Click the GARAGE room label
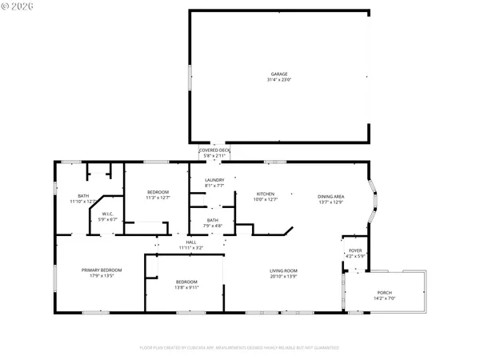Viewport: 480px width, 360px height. [278, 74]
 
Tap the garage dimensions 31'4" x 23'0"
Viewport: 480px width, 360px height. [278, 80]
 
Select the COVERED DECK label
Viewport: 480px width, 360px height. [214, 150]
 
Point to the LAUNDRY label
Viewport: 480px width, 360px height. [214, 180]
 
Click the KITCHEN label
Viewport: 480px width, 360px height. [266, 194]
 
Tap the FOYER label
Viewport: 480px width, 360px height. [356, 250]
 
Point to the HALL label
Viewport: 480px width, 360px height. [191, 242]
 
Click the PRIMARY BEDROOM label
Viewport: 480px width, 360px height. [100, 270]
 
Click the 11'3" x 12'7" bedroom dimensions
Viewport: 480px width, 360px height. [158, 198]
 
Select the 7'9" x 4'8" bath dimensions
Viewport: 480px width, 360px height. [212, 226]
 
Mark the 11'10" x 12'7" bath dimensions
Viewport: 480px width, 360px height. [83, 202]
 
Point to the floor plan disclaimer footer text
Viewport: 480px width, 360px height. [239, 348]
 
